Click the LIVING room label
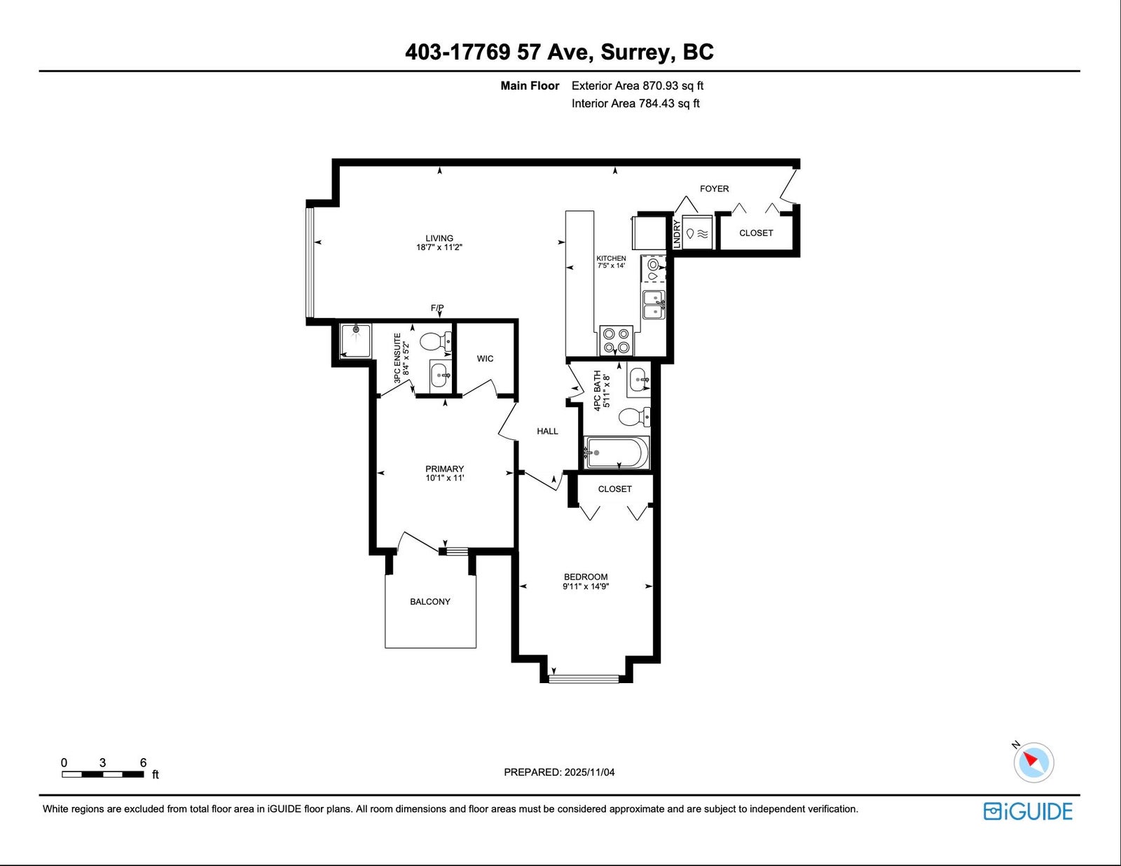439,238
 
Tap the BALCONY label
429,601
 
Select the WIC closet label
485,359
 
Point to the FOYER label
714,188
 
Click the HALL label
547,431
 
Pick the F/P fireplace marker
437,308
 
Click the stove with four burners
617,341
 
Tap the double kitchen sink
654,305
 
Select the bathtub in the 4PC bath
617,453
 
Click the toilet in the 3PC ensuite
436,341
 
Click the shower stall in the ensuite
355,341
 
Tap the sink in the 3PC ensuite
440,375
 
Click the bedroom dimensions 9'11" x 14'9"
586,586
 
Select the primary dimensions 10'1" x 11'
445,478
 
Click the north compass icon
1033,762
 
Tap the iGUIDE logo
1028,811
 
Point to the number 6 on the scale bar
144,762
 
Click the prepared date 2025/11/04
589,772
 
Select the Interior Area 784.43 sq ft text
635,103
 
